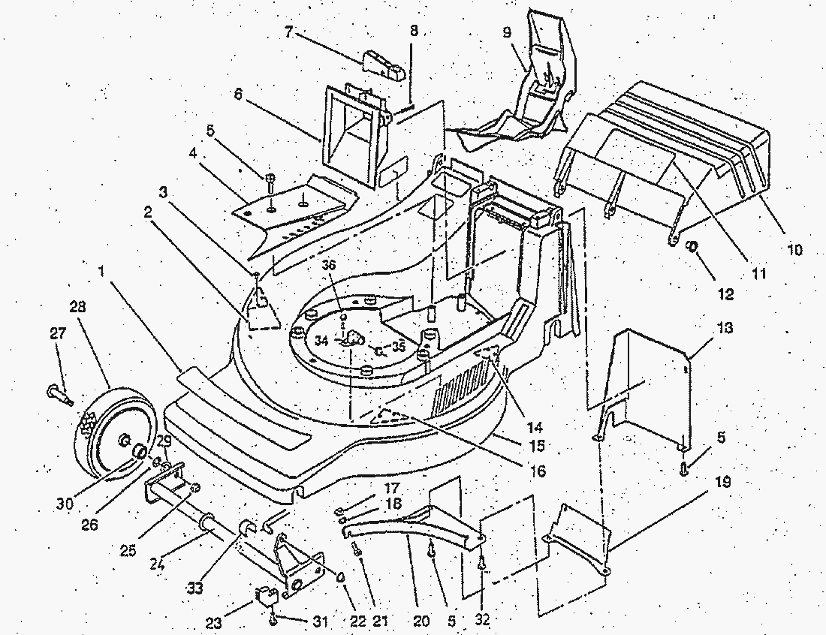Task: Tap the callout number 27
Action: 58,333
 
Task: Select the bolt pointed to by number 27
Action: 61,396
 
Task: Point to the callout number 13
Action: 725,328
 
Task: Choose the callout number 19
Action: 723,482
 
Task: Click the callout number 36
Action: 329,265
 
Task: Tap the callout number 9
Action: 507,32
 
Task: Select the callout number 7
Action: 288,32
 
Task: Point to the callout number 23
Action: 214,624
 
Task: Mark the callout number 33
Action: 195,588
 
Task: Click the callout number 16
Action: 538,470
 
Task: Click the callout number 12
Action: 726,293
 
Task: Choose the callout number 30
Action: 65,504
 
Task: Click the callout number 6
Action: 238,96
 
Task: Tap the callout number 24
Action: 158,564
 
